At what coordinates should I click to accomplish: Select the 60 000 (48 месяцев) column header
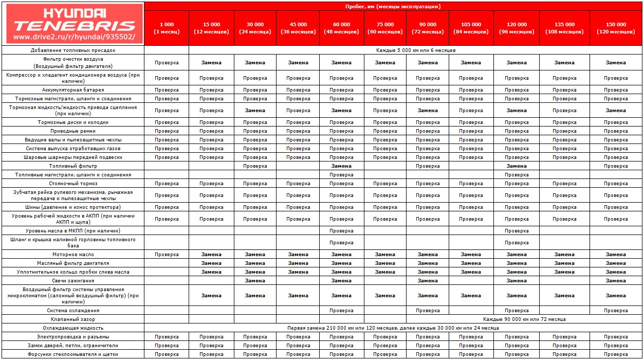pyautogui.click(x=341, y=28)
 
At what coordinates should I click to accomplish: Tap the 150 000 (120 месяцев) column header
pyautogui.click(x=616, y=28)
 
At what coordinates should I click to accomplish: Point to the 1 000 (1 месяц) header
pyautogui.click(x=167, y=28)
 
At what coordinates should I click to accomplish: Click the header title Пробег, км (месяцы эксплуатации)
pyautogui.click(x=393, y=6)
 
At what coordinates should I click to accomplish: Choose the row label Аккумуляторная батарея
pyautogui.click(x=72, y=90)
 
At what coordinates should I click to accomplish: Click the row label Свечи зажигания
pyautogui.click(x=72, y=281)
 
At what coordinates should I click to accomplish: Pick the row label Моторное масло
pyautogui.click(x=72, y=255)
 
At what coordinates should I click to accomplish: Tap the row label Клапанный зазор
pyautogui.click(x=72, y=319)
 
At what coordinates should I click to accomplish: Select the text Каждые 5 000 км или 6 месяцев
pyautogui.click(x=415, y=50)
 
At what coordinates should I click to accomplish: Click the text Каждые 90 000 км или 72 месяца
pyautogui.click(x=524, y=319)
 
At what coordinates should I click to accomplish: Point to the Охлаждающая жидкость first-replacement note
pyautogui.click(x=393, y=328)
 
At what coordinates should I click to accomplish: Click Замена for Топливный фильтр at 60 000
pyautogui.click(x=341, y=166)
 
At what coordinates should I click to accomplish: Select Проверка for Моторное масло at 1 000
pyautogui.click(x=167, y=255)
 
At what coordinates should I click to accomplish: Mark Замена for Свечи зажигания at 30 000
pyautogui.click(x=255, y=281)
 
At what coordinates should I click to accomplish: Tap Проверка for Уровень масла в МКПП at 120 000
pyautogui.click(x=517, y=231)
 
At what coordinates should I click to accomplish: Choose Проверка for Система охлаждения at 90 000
pyautogui.click(x=428, y=311)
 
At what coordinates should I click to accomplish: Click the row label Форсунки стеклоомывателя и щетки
pyautogui.click(x=72, y=354)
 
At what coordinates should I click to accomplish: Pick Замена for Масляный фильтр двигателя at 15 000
pyautogui.click(x=211, y=263)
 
